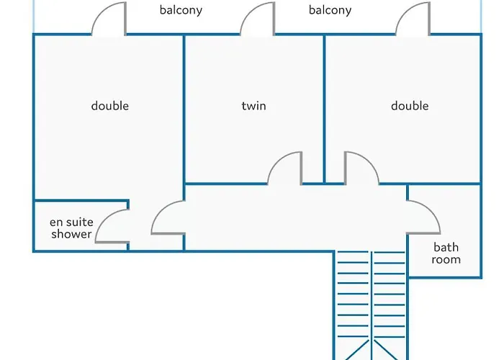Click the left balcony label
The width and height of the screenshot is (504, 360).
(x=181, y=10)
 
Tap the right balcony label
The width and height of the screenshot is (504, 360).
(x=330, y=10)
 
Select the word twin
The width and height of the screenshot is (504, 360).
(x=253, y=106)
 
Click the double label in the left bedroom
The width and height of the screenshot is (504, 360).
(x=109, y=106)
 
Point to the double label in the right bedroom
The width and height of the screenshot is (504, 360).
(x=410, y=106)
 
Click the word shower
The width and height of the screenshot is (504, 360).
(x=71, y=234)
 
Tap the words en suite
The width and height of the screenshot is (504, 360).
(x=71, y=222)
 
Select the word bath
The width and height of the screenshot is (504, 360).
(x=446, y=247)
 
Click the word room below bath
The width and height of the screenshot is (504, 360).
(x=446, y=259)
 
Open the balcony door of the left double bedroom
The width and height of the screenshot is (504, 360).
(x=109, y=20)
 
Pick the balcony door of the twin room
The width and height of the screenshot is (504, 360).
(x=257, y=20)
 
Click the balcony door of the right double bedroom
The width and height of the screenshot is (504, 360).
(x=413, y=20)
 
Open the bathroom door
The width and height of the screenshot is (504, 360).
(x=423, y=217)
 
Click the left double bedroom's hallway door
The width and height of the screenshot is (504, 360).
(x=168, y=217)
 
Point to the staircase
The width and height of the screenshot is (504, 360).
(x=371, y=302)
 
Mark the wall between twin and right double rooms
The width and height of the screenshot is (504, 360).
(x=325, y=108)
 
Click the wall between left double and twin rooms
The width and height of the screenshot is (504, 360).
(x=185, y=108)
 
